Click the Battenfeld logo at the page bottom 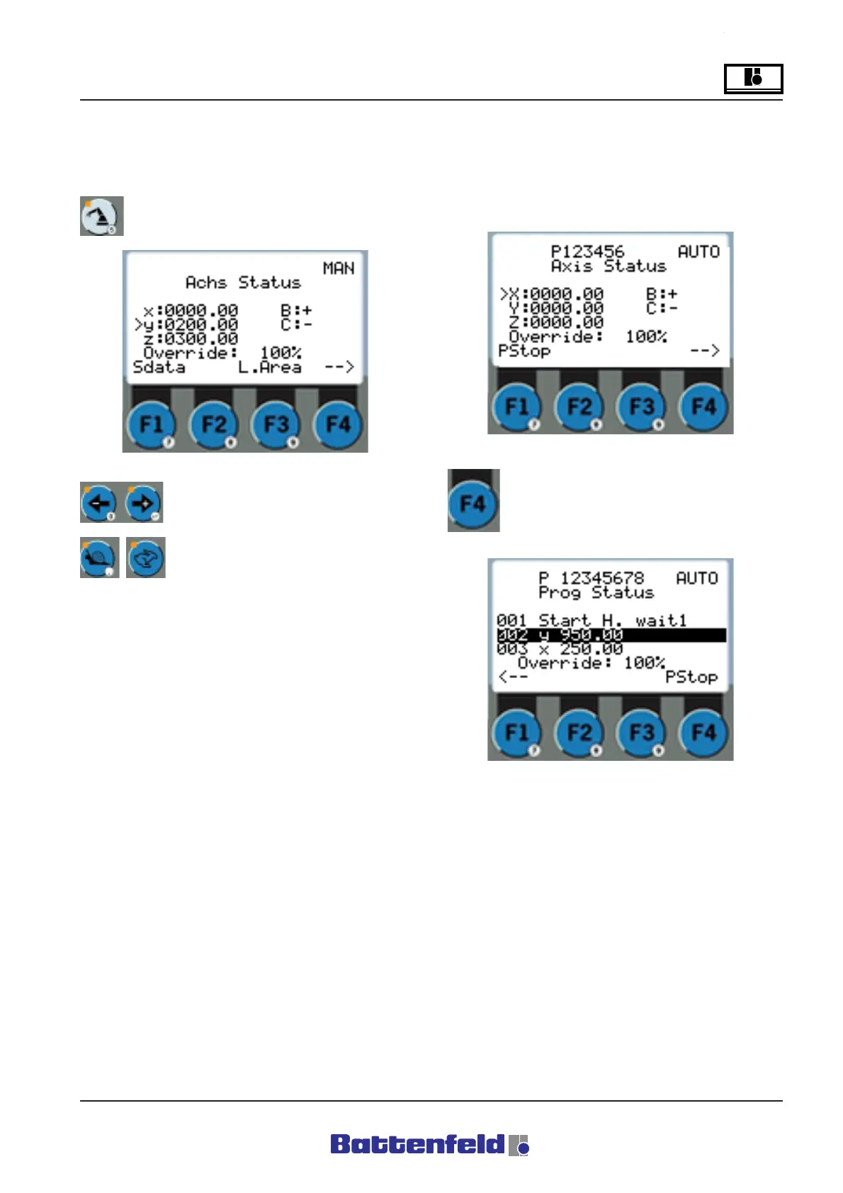[429, 1144]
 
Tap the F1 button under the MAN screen [152, 425]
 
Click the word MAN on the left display [338, 268]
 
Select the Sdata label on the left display [159, 367]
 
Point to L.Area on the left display [269, 367]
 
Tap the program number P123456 [587, 251]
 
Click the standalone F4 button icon [473, 504]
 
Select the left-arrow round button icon [98, 502]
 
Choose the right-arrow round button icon [143, 502]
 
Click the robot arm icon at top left [101, 216]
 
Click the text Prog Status [596, 592]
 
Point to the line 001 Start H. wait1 [592, 621]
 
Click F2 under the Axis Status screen [579, 407]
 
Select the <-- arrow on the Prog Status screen [512, 677]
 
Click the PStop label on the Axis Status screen [524, 351]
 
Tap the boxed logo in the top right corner [753, 78]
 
